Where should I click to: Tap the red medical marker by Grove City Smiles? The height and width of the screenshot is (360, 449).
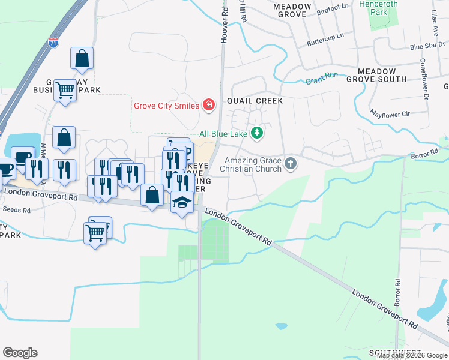point(208,106)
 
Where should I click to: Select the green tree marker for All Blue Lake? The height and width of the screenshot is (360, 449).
point(257,133)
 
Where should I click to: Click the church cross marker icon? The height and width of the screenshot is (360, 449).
point(291,163)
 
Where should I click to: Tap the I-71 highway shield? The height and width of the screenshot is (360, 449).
point(53,42)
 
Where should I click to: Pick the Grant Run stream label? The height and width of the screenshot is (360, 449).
point(321,79)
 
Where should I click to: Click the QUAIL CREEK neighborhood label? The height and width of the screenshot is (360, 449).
point(255,101)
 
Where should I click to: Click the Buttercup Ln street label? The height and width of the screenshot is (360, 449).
point(325,39)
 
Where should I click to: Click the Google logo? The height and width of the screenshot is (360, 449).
point(20,353)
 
